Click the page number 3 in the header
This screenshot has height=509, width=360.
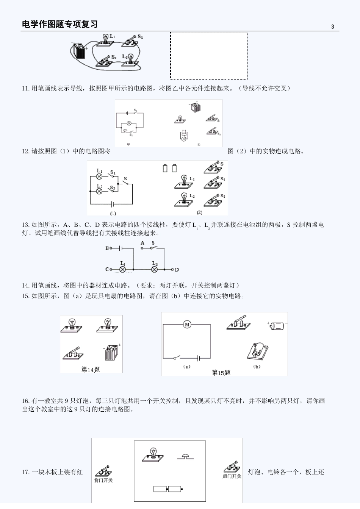pyautogui.click(x=333, y=27)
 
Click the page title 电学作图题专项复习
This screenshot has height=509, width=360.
pyautogui.click(x=60, y=24)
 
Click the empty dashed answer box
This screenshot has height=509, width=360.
pyautogui.click(x=209, y=56)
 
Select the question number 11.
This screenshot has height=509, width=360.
pyautogui.click(x=25, y=88)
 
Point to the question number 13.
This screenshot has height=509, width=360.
pyautogui.click(x=25, y=225)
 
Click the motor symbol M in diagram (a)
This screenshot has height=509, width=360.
pyautogui.click(x=187, y=325)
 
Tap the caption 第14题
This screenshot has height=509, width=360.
pyautogui.click(x=91, y=369)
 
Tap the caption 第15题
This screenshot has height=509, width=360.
pyautogui.click(x=221, y=373)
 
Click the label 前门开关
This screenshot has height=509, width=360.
pyautogui.click(x=103, y=480)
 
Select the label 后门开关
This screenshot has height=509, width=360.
pyautogui.click(x=232, y=476)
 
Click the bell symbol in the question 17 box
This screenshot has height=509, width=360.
pyautogui.click(x=185, y=456)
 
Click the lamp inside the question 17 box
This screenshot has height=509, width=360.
pyautogui.click(x=153, y=454)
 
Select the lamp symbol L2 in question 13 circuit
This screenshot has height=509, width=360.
pyautogui.click(x=155, y=270)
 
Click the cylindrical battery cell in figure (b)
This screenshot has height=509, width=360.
pyautogui.click(x=277, y=325)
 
